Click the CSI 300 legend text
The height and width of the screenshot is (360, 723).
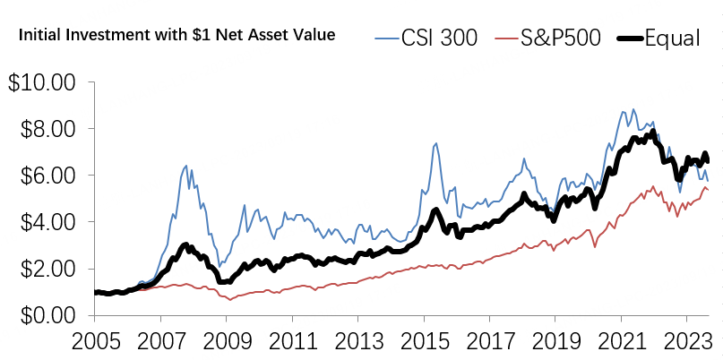pyautogui.click(x=440, y=38)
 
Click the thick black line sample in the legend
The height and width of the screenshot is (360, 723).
pyautogui.click(x=631, y=39)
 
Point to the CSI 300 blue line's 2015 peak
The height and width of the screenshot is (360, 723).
pyautogui.click(x=435, y=143)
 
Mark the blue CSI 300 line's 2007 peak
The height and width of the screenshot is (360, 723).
pyautogui.click(x=185, y=166)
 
